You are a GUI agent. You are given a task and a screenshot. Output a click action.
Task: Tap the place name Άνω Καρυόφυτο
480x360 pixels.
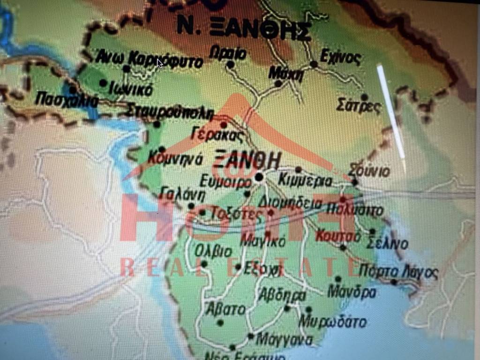[x=150, y=60]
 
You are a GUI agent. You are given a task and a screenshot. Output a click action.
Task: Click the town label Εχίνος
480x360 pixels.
[x=341, y=58]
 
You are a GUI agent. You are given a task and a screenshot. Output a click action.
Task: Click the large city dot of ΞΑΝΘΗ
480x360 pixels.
[x=260, y=177]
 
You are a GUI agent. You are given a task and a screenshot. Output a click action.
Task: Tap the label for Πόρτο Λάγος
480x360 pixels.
[x=398, y=272]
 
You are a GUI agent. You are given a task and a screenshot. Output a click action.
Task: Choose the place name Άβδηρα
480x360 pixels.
[x=282, y=295]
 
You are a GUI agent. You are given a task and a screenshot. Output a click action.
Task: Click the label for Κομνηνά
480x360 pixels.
[x=175, y=158]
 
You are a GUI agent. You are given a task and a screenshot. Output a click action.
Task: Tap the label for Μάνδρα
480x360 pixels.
[x=352, y=292]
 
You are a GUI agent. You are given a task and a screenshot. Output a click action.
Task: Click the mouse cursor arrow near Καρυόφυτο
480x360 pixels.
[x=160, y=63]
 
